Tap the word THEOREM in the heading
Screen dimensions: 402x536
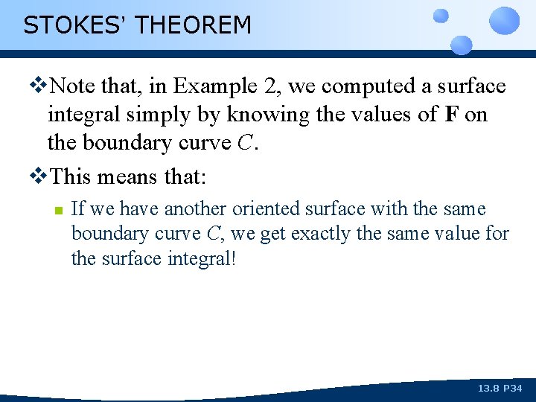click(194, 25)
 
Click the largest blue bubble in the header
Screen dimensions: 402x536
click(505, 21)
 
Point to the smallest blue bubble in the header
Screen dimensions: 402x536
click(441, 15)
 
